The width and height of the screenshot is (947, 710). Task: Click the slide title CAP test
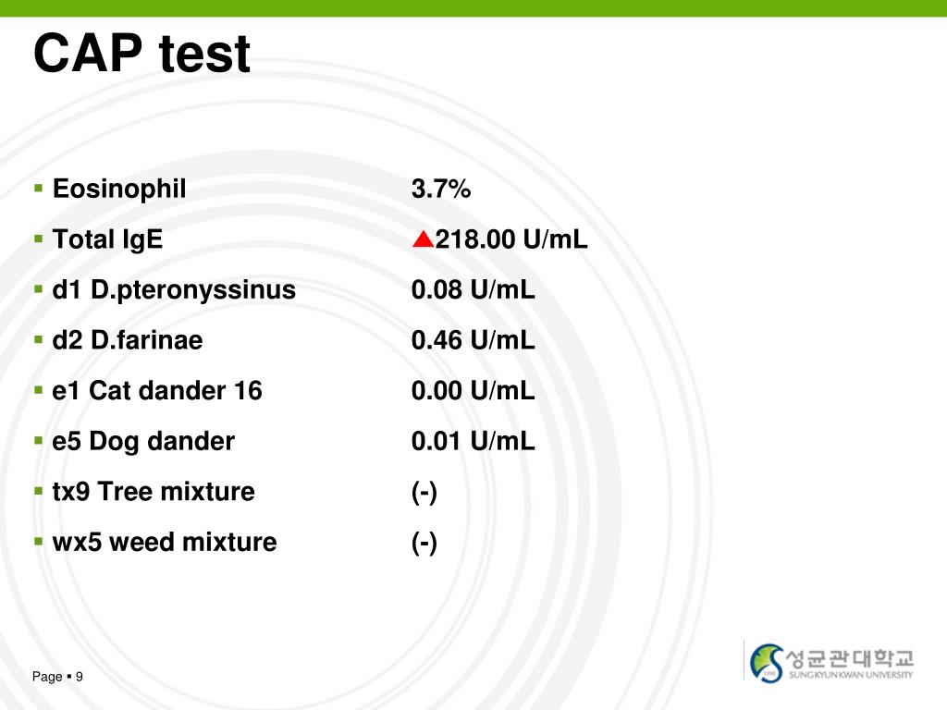pos(141,55)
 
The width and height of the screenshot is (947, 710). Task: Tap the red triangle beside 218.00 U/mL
pos(423,240)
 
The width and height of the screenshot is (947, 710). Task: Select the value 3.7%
pos(441,190)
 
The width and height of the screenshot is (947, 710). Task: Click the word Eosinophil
pos(119,190)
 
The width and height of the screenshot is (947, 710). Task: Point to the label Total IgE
pos(107,240)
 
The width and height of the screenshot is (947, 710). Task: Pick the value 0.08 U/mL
pos(473,290)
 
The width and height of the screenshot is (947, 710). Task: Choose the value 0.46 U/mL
pos(473,341)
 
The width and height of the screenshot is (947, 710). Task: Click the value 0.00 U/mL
pos(473,391)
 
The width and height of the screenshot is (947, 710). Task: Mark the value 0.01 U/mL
pos(473,442)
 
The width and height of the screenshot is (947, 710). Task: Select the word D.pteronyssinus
pos(193,290)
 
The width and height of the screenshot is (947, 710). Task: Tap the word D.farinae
pos(146,341)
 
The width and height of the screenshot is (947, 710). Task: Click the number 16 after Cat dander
pos(249,391)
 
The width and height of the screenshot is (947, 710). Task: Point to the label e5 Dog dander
pos(143,442)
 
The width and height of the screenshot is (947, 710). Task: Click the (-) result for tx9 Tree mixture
pos(424,492)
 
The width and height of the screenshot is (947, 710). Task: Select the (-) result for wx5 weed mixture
pos(424,543)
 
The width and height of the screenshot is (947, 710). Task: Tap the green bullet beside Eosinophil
pos(39,189)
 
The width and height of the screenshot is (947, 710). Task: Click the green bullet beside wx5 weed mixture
pos(39,541)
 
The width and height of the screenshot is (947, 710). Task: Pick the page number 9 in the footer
pos(80,678)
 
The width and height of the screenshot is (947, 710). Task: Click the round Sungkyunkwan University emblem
pos(767,662)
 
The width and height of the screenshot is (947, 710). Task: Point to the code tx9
pos(71,492)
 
